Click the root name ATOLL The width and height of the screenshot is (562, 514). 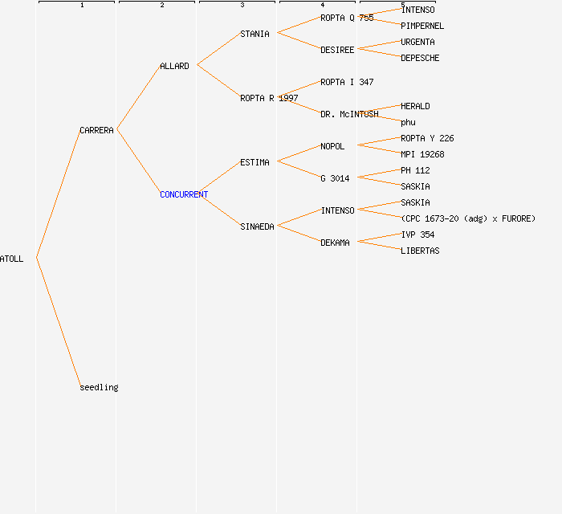click(12, 259)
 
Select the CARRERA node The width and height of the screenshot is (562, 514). click(96, 130)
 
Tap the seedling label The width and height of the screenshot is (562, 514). click(99, 387)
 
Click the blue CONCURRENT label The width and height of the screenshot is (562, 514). click(184, 194)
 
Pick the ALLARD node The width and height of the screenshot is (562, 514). click(174, 66)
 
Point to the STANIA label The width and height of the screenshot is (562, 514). click(255, 34)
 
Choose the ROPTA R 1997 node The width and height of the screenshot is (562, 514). click(269, 98)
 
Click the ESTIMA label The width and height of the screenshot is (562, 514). click(255, 162)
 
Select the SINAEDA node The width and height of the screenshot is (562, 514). click(257, 226)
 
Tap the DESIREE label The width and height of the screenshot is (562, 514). click(337, 50)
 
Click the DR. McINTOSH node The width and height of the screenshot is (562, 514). click(349, 114)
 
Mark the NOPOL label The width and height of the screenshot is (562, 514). click(332, 146)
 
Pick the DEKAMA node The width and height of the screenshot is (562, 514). click(335, 243)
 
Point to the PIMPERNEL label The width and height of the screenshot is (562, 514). click(422, 26)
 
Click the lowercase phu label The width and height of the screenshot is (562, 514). click(408, 122)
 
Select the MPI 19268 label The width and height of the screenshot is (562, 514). click(422, 154)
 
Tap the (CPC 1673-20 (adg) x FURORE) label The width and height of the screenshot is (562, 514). click(468, 218)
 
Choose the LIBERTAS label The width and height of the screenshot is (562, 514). click(420, 251)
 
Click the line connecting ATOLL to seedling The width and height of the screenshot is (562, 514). click(58, 322)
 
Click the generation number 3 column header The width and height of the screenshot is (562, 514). click(242, 6)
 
